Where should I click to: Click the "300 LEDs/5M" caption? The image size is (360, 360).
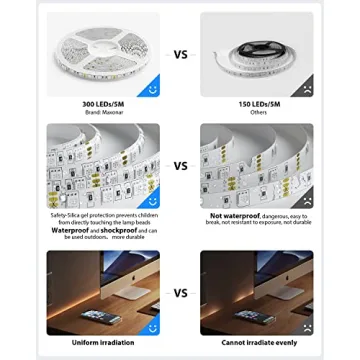103,104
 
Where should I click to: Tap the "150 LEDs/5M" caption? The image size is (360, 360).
256,104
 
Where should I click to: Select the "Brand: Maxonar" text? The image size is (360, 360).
103,111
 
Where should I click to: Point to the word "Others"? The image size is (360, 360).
256,111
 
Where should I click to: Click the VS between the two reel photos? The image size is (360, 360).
180,56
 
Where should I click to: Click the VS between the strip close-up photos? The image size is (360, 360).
180,166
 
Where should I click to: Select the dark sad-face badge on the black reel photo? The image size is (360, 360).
304,88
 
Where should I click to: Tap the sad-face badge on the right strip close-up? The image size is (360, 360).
304,199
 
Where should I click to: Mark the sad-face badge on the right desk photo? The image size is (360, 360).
304,325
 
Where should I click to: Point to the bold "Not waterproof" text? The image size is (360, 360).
231,214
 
